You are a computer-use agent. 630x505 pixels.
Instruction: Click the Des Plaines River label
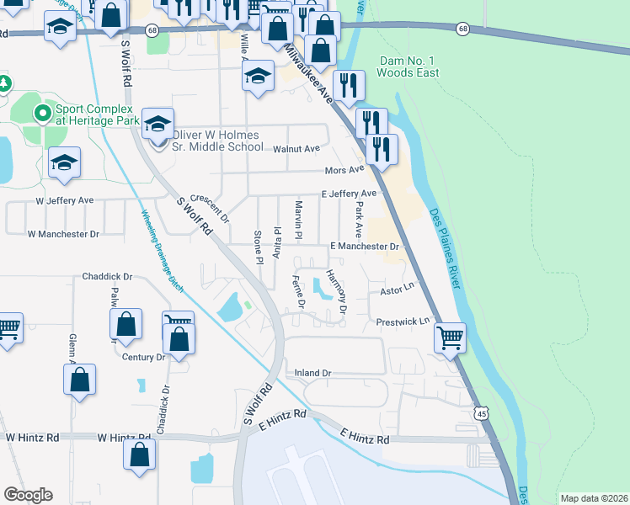[x=446, y=249]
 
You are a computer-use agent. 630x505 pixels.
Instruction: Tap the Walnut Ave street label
[x=296, y=149]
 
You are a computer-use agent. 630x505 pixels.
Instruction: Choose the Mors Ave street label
[x=344, y=170]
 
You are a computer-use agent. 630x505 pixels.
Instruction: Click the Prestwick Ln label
[x=403, y=321]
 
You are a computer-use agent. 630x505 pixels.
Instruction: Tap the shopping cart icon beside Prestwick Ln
[x=450, y=338]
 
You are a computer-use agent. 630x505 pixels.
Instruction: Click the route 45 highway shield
[x=480, y=413]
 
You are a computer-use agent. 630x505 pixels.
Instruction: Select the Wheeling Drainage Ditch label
[x=161, y=250]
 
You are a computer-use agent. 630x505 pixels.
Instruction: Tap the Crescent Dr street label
[x=210, y=205]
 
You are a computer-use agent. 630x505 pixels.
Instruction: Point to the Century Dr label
[x=143, y=358]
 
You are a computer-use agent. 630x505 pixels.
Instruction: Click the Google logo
[x=28, y=495]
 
